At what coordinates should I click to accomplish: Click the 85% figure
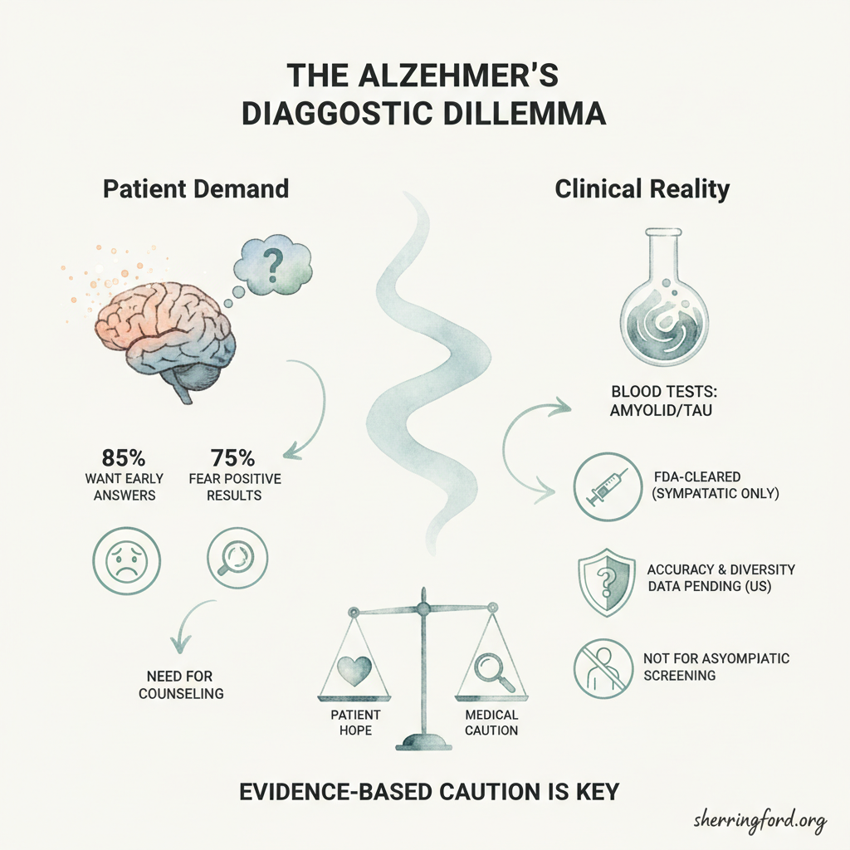click(124, 458)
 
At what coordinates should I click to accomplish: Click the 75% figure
click(233, 458)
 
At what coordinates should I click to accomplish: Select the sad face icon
click(127, 561)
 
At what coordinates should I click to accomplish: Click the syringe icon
click(607, 486)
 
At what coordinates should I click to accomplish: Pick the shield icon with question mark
click(607, 584)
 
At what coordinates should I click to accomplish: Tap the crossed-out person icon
click(603, 668)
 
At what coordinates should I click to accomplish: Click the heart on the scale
click(354, 671)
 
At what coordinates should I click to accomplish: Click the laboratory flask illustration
click(664, 296)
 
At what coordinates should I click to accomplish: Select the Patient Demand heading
click(196, 189)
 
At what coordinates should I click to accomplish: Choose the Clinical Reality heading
click(642, 189)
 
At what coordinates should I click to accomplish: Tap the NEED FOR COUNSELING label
click(180, 685)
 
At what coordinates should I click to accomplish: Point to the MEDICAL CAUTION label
click(491, 723)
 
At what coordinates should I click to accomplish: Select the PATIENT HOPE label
click(355, 723)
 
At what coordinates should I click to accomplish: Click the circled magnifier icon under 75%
click(237, 559)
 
